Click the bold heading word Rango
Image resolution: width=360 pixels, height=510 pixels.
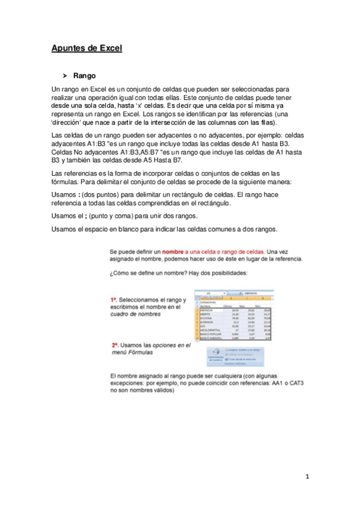pyautogui.click(x=84, y=76)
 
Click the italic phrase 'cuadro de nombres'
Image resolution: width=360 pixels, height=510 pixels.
pyautogui.click(x=138, y=313)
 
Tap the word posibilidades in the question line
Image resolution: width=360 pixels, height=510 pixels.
pyautogui.click(x=224, y=272)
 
